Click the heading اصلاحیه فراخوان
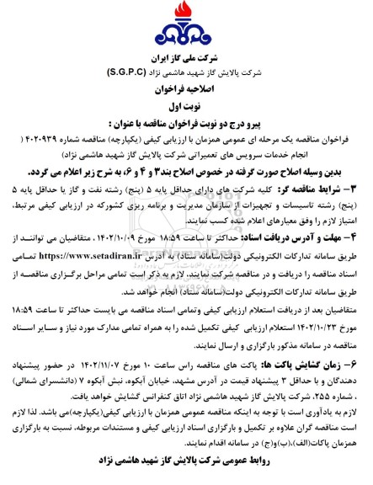coord(186,87)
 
